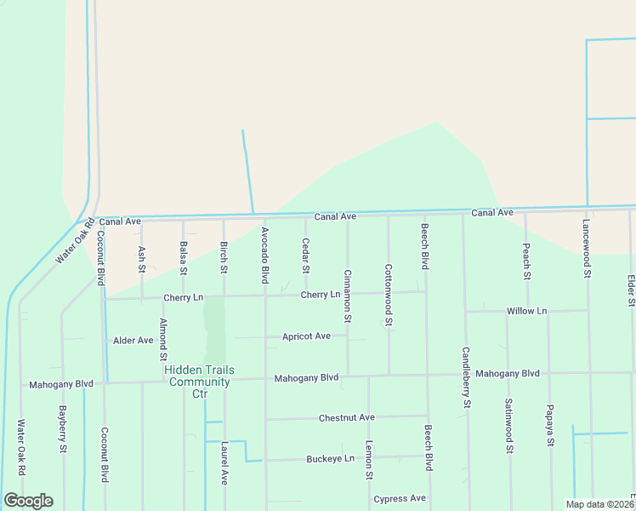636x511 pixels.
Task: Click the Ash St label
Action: coord(142,260)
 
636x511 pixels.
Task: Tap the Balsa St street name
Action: coord(184,258)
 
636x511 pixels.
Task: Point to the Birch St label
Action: coord(224,257)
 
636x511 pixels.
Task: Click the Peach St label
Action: coord(526,261)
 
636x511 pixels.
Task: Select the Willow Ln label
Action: coord(527,311)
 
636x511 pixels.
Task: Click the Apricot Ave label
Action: coord(306,336)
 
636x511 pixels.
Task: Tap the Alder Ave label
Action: coord(133,340)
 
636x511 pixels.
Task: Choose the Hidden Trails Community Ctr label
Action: coord(199,382)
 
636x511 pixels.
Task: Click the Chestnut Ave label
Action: coord(346,417)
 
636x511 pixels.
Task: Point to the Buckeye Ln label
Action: coord(330,458)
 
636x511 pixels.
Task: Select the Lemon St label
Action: coord(368,465)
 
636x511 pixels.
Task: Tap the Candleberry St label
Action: coord(466,377)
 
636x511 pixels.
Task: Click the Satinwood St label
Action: coord(508,425)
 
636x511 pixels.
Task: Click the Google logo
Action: coord(28,501)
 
